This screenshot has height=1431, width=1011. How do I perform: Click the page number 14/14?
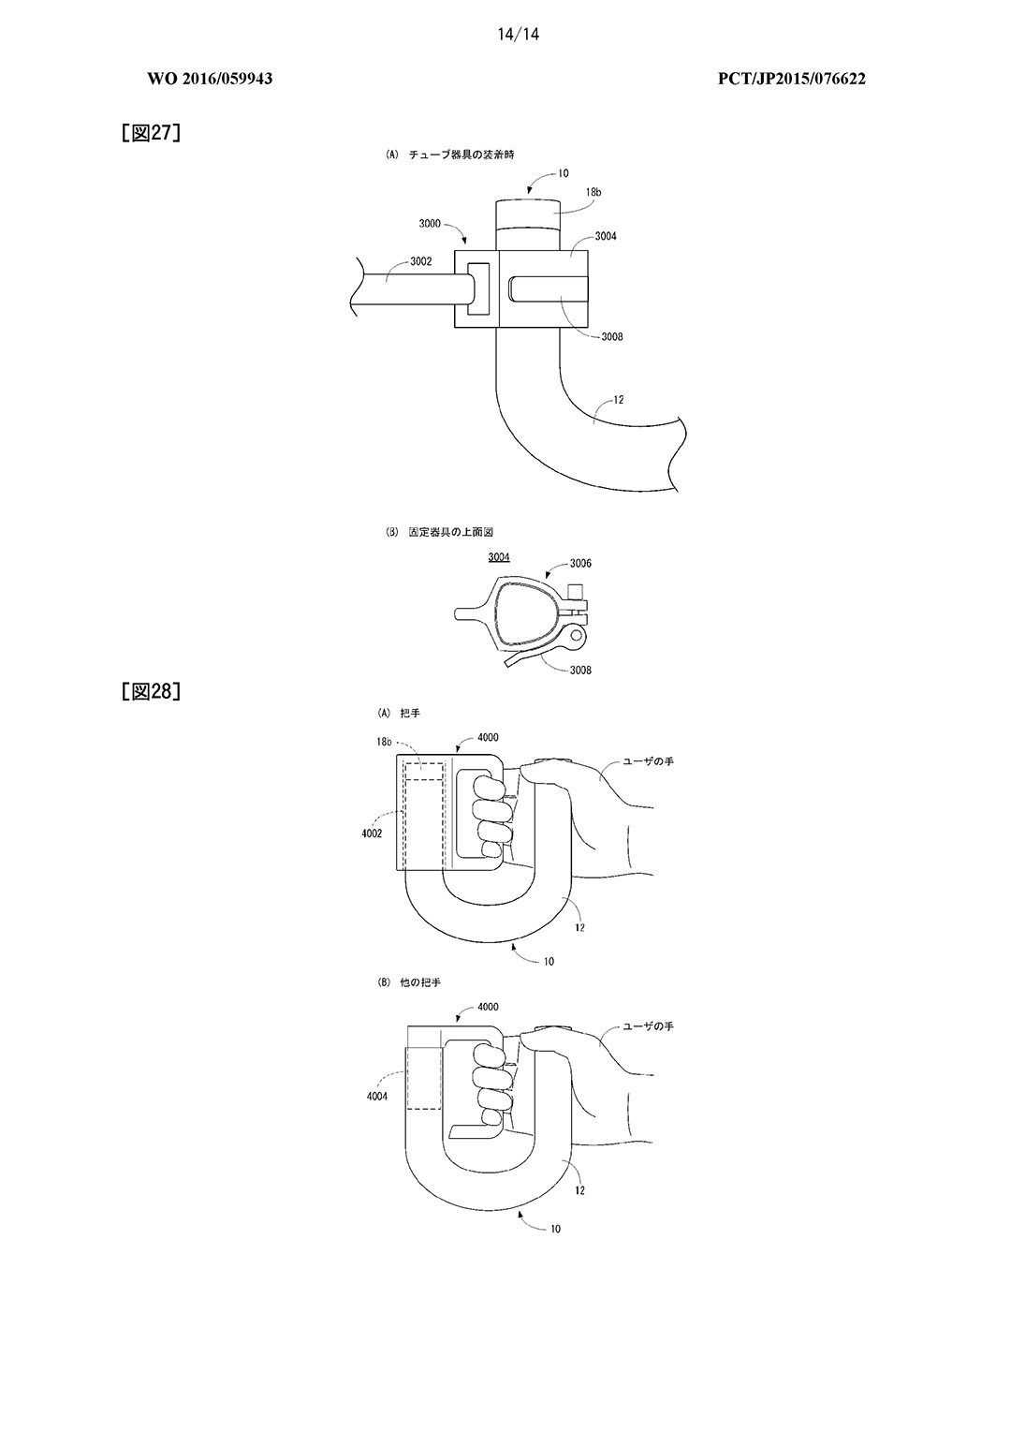(x=519, y=35)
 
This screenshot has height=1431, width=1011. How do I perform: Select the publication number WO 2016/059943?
(x=210, y=79)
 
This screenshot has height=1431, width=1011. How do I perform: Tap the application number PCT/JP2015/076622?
(x=791, y=79)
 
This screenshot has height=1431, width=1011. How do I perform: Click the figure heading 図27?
(x=151, y=133)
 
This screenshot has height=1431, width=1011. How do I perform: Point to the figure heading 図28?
(x=151, y=692)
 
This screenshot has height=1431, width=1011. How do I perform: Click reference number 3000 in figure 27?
(x=430, y=224)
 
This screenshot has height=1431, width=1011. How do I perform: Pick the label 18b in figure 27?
(x=593, y=191)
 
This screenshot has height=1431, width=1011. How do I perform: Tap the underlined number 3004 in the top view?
(x=499, y=557)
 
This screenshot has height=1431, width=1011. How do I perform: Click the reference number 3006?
(x=580, y=564)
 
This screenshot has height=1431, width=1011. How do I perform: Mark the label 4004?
(x=377, y=1095)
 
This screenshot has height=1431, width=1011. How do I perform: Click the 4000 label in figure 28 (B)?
(x=488, y=1007)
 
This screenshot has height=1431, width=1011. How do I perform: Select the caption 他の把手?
(x=424, y=983)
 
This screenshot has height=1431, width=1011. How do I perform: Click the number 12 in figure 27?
(x=618, y=400)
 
